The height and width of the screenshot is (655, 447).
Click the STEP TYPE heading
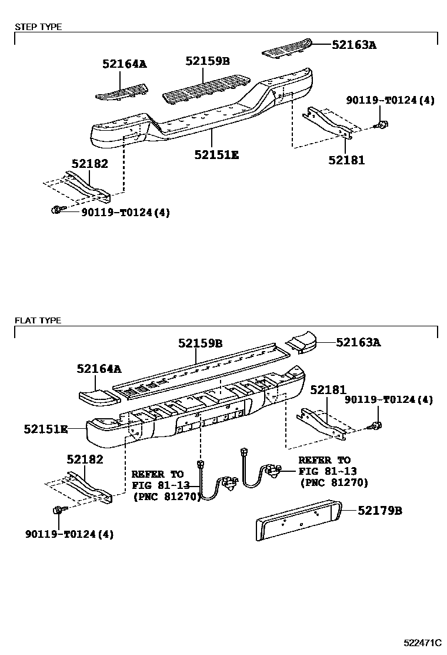[x=38, y=27]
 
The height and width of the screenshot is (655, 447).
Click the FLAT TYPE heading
[x=37, y=320]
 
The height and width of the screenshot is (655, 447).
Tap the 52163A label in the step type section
[x=353, y=44]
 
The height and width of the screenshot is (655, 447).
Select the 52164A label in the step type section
[x=124, y=64]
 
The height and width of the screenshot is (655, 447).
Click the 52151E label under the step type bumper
[x=216, y=155]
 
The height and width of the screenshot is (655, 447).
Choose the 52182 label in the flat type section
[x=85, y=459]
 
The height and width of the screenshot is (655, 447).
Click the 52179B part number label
[x=380, y=511]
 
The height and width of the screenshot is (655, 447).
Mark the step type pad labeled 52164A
[x=122, y=90]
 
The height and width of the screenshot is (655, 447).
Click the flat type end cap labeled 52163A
[x=301, y=345]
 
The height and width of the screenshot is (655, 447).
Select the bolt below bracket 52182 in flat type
[x=59, y=510]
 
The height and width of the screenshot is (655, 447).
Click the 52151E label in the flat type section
[x=46, y=429]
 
